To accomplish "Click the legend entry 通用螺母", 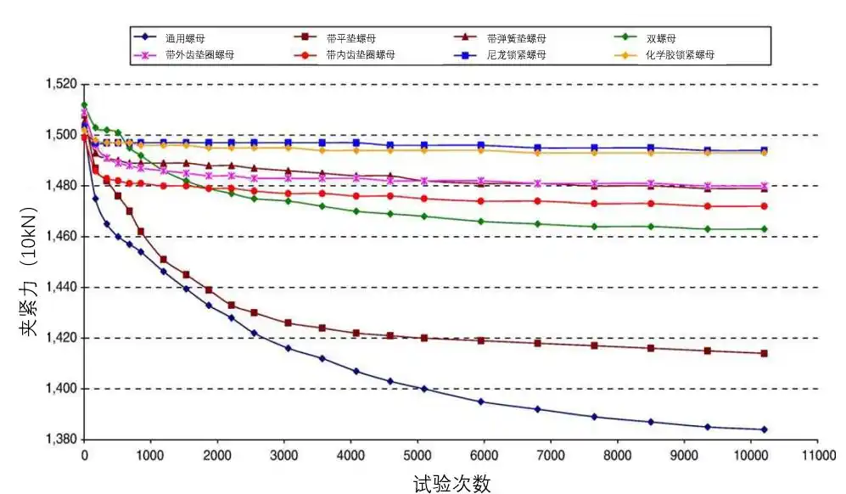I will click(x=185, y=38).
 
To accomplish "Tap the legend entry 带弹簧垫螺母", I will click(x=516, y=38).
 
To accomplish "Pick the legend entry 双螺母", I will click(x=660, y=38).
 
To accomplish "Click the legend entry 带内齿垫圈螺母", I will click(x=359, y=55).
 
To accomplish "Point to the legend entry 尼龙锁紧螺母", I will click(x=516, y=55).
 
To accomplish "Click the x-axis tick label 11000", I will click(x=816, y=456).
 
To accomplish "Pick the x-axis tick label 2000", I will click(x=217, y=456).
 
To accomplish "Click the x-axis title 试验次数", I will click(x=451, y=483).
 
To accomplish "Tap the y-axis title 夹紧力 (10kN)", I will click(x=29, y=263).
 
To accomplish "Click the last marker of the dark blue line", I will click(x=764, y=429).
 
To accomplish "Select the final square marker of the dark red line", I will click(x=764, y=353).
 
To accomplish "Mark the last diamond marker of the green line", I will click(x=764, y=228).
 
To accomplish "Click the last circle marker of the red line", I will click(x=764, y=206).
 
